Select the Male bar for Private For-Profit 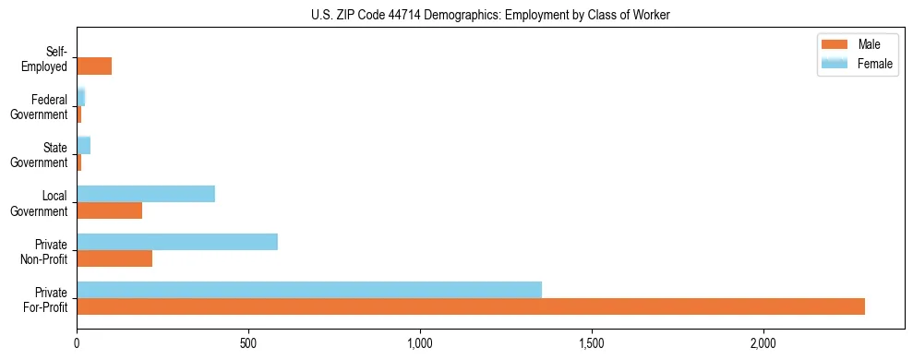click(471, 306)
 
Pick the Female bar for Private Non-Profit click(177, 242)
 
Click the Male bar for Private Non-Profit click(114, 258)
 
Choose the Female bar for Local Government click(146, 194)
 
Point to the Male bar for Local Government click(109, 210)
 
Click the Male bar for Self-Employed click(94, 66)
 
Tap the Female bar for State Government click(83, 146)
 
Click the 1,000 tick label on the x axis click(420, 342)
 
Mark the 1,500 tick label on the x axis click(592, 342)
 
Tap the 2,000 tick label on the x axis click(763, 342)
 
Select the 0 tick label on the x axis click(77, 342)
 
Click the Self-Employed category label click(46, 59)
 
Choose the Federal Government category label click(40, 107)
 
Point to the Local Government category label click(40, 203)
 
